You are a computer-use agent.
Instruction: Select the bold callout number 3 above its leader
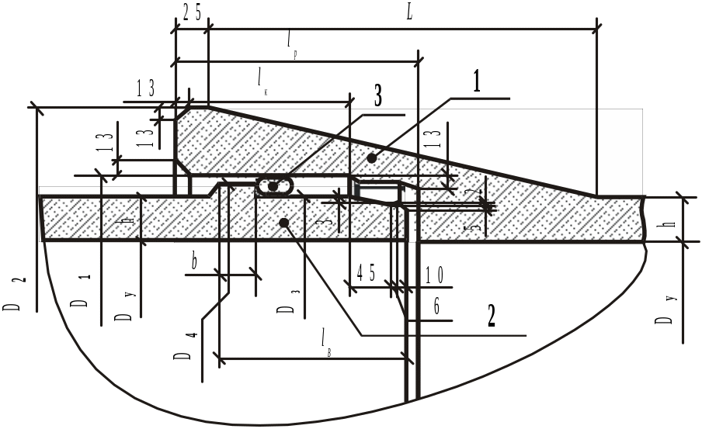click(x=377, y=95)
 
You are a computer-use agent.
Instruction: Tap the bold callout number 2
click(x=490, y=316)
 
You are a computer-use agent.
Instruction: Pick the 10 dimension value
click(x=433, y=275)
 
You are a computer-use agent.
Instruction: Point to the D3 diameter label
click(x=286, y=306)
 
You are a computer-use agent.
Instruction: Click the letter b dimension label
click(x=194, y=262)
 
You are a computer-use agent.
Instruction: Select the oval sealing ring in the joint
click(x=274, y=186)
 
